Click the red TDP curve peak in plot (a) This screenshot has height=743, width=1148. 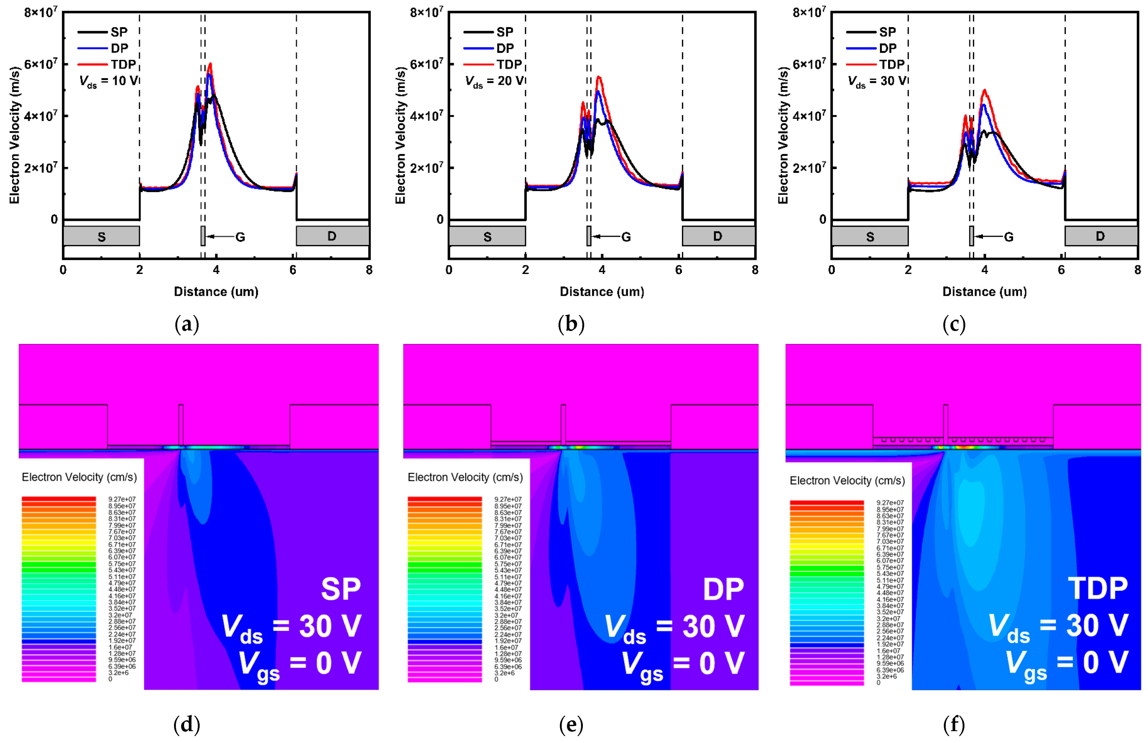click(x=210, y=64)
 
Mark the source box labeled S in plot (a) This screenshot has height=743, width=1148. click(x=101, y=236)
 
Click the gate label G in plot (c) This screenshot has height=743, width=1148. click(x=1009, y=237)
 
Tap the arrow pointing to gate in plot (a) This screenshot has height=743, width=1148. click(x=219, y=236)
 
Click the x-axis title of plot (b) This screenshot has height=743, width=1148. click(x=602, y=292)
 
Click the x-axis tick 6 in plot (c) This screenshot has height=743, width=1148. click(x=1061, y=270)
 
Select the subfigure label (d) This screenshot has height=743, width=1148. click(x=187, y=725)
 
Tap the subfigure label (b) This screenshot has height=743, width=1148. click(x=571, y=324)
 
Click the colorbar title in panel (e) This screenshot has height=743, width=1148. click(x=465, y=477)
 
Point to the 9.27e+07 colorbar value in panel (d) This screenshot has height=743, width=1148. click(x=122, y=499)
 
